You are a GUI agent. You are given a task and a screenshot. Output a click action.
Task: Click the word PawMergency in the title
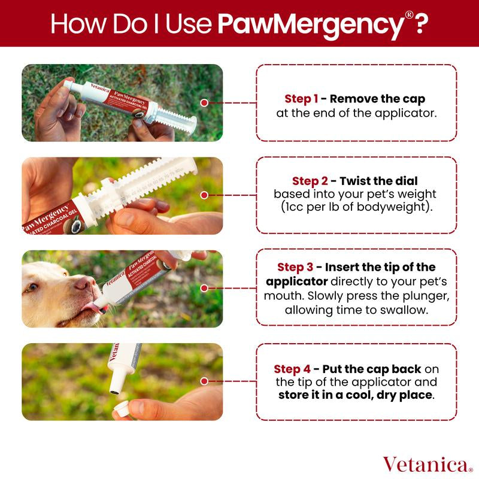(x=311, y=25)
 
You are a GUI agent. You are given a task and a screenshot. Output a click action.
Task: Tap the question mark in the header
(x=420, y=23)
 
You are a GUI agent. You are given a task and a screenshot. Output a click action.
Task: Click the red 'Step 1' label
(x=301, y=99)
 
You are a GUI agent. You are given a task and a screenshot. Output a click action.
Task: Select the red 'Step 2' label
(x=310, y=181)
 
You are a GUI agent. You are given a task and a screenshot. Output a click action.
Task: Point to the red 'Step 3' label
(x=295, y=267)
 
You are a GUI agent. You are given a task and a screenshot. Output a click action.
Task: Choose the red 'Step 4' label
(x=292, y=369)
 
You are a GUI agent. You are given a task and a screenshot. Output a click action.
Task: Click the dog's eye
(x=32, y=287)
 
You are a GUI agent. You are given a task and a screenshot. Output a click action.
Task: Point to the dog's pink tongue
(x=92, y=307)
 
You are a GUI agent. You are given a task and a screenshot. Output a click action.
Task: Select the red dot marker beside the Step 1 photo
(x=204, y=103)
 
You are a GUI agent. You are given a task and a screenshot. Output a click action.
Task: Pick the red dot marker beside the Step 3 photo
(x=204, y=288)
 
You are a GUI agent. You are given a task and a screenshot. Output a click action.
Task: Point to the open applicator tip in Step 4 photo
(x=114, y=393)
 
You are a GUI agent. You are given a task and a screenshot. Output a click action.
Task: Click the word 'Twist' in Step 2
(x=354, y=181)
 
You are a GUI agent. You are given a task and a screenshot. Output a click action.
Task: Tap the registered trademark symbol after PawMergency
(x=409, y=15)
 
